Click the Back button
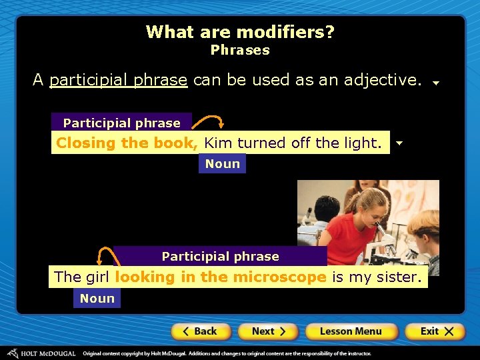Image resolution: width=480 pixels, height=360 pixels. (201, 331)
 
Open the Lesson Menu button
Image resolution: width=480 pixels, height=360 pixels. (351, 331)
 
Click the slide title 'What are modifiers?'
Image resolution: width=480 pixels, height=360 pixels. (240, 32)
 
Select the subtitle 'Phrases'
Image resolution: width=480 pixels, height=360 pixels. (240, 50)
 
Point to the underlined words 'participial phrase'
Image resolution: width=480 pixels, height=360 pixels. (118, 80)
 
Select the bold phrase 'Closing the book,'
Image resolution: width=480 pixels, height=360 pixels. (127, 143)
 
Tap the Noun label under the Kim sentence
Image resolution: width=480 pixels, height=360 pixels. (222, 164)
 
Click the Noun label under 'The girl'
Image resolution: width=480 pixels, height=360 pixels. (97, 299)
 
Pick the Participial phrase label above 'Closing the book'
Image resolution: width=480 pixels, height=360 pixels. (121, 123)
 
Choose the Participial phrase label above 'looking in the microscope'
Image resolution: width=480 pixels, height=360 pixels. (220, 256)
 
